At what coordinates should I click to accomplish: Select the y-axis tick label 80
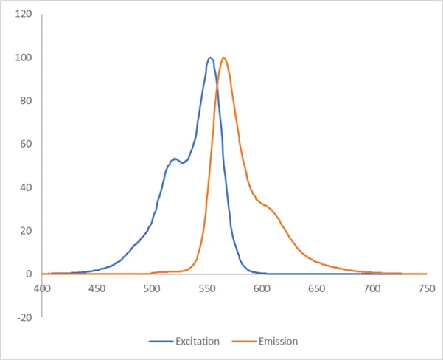[25, 101]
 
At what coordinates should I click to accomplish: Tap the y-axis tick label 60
[25, 144]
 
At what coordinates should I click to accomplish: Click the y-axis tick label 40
[25, 187]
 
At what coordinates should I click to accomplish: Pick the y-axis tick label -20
[24, 317]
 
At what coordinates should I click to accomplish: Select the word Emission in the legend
[278, 341]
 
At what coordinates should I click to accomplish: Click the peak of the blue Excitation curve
[211, 58]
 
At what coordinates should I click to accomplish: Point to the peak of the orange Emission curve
[223, 58]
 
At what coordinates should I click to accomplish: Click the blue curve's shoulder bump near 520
[175, 159]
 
